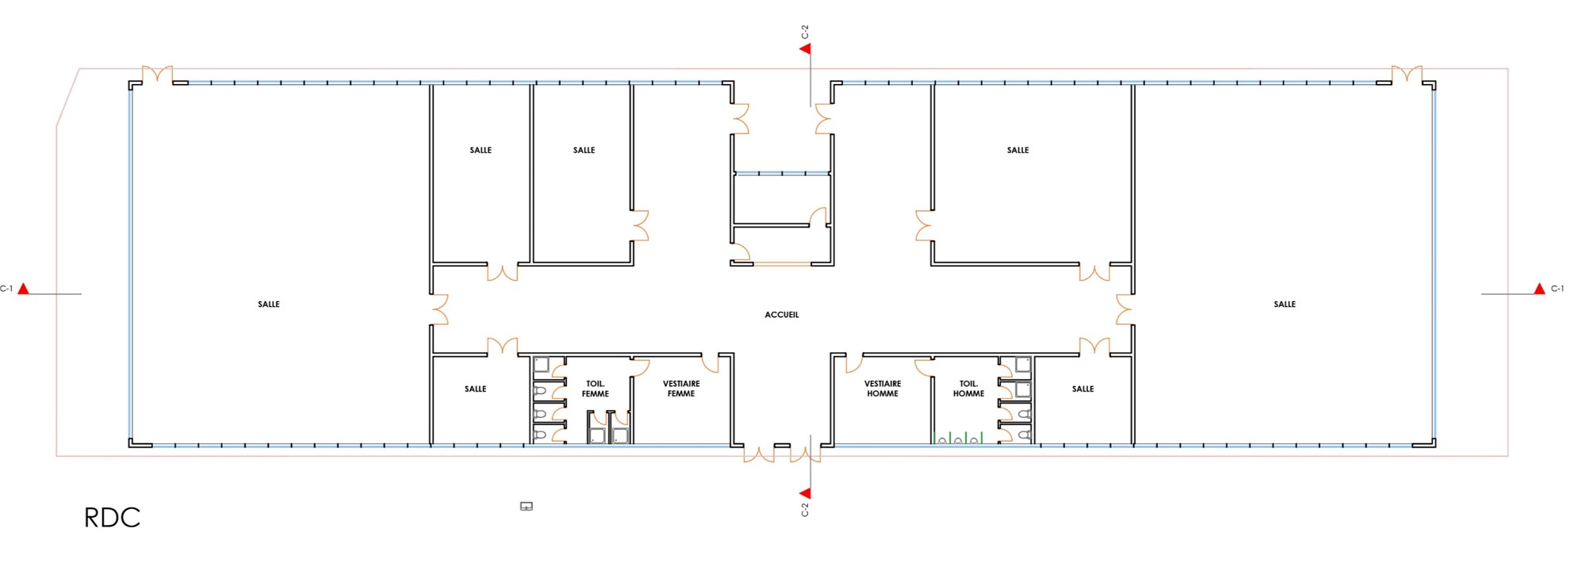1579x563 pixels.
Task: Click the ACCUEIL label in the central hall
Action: click(x=781, y=315)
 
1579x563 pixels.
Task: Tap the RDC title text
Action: click(x=112, y=518)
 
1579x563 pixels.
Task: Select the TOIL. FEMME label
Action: click(x=595, y=389)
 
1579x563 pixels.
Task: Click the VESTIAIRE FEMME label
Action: click(x=681, y=389)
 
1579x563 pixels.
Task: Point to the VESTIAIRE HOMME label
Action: click(x=882, y=389)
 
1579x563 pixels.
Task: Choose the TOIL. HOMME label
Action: click(x=968, y=389)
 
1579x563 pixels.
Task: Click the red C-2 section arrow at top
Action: click(x=805, y=49)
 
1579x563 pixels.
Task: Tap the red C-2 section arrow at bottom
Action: click(x=805, y=493)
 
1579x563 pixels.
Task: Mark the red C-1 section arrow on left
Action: click(x=24, y=289)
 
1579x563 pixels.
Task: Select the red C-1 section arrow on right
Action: click(x=1539, y=289)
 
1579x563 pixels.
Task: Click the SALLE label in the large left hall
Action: click(x=269, y=304)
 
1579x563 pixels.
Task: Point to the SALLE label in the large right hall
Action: click(x=1284, y=304)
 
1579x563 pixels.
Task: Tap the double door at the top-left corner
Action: click(x=158, y=75)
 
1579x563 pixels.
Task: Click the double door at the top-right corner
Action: click(x=1406, y=75)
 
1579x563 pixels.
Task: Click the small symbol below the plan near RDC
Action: click(x=526, y=506)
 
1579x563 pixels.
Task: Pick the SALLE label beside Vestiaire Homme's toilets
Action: click(x=1083, y=389)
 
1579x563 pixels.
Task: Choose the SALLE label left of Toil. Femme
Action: click(x=475, y=389)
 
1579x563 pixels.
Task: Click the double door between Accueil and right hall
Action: click(x=1124, y=309)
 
